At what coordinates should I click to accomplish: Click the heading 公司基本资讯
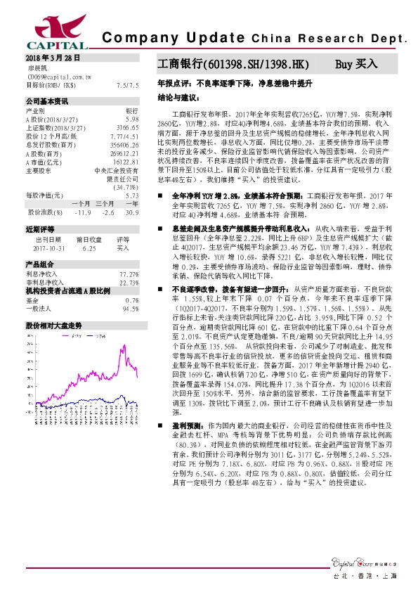(x=46, y=101)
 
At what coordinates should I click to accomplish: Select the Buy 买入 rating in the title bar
(x=356, y=64)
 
